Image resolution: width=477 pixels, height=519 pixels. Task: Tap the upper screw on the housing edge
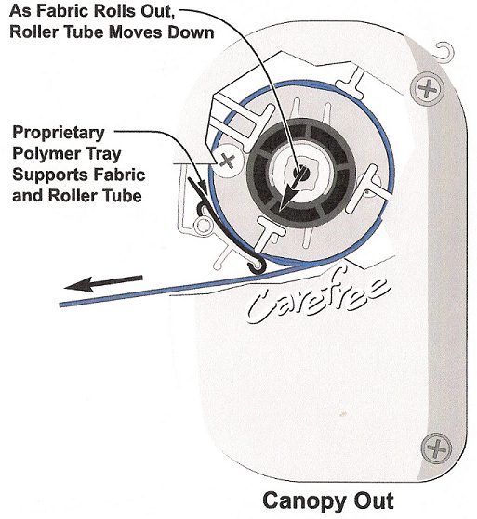point(428,89)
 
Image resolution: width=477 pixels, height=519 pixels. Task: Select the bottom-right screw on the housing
point(436,448)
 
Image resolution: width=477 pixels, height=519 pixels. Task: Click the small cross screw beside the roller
point(228,161)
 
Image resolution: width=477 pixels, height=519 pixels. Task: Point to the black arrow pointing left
point(103,283)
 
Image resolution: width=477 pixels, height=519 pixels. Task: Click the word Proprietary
point(59,133)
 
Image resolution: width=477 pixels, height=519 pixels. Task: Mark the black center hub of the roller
point(301,173)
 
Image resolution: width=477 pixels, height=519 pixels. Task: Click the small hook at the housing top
point(444,51)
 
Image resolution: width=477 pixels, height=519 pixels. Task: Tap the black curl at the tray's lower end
point(257,266)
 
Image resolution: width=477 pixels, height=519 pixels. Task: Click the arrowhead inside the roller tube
point(287,198)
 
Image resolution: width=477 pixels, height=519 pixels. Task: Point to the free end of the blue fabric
point(60,305)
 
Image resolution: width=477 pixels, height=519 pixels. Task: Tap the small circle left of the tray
point(203,225)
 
